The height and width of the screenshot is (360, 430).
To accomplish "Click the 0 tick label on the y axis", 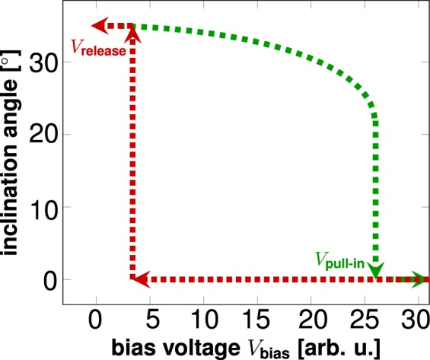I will (50, 280).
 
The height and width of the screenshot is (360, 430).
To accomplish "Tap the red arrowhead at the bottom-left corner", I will (139, 279).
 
